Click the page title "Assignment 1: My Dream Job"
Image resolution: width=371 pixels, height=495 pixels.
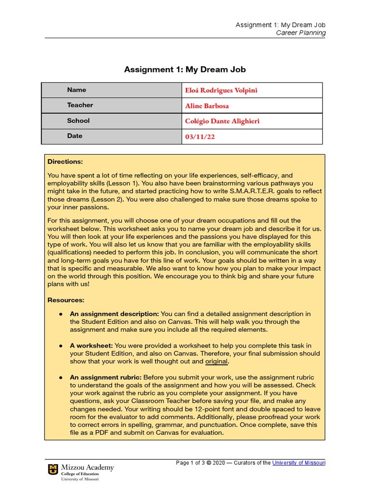coord(185,70)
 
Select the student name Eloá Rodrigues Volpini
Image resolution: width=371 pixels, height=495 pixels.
coord(221,90)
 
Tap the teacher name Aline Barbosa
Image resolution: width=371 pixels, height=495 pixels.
coord(207,106)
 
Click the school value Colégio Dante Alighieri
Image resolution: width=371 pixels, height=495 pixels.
coord(222,121)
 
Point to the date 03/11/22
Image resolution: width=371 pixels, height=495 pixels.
coord(200,137)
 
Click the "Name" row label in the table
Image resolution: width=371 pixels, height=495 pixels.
coord(76,90)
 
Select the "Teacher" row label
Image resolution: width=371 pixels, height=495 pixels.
coord(80,105)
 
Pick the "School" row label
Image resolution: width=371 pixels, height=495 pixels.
coord(78,121)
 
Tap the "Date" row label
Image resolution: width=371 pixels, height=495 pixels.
coord(74,136)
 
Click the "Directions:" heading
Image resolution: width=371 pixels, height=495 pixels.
coord(65,161)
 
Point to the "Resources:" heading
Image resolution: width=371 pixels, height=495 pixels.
coord(66,300)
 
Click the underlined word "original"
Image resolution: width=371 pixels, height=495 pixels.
coord(216,362)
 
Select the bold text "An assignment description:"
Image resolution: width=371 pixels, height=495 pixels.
coord(114,314)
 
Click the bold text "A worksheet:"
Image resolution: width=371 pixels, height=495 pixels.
coord(91,346)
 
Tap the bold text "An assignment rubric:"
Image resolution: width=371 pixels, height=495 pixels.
coord(105,378)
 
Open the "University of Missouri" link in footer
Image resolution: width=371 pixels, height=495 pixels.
coord(299,463)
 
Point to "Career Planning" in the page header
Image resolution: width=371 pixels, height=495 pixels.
coord(300,33)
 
